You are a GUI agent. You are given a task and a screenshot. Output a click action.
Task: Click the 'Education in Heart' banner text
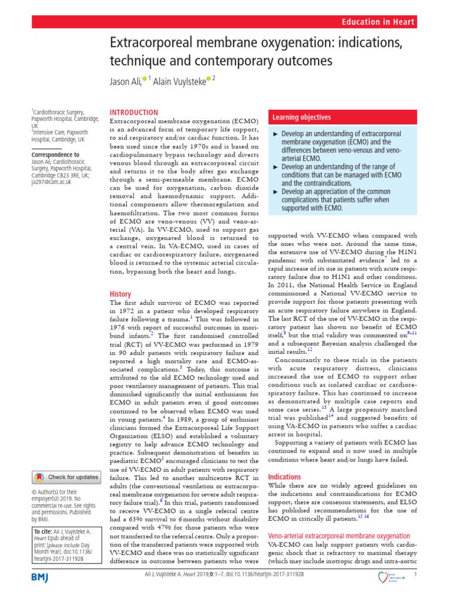pos(386,22)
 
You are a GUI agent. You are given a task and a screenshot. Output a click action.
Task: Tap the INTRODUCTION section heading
pos(134,112)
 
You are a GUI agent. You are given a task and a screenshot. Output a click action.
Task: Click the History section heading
pos(120,294)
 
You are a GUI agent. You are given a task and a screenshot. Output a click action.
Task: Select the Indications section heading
pos(284,477)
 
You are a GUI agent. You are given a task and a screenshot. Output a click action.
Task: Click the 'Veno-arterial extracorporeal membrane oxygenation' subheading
pos(339,536)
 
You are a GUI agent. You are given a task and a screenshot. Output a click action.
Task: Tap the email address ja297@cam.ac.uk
pos(52,182)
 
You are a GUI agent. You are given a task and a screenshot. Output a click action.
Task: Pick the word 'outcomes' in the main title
pos(301,61)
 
